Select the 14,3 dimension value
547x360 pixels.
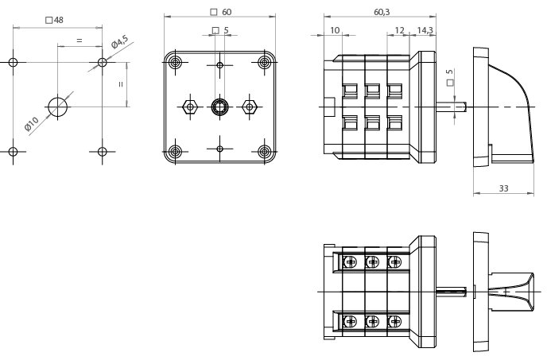pyautogui.click(x=425, y=30)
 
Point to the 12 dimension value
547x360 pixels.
pyautogui.click(x=399, y=30)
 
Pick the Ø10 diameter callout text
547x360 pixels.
pyautogui.click(x=32, y=124)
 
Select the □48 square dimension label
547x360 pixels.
pyautogui.click(x=55, y=20)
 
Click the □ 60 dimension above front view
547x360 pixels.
pyautogui.click(x=220, y=12)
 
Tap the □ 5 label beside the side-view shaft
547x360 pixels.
pyautogui.click(x=451, y=76)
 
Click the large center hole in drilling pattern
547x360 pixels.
pyautogui.click(x=58, y=106)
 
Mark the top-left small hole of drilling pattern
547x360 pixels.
pyautogui.click(x=14, y=62)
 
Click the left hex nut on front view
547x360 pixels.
pyautogui.click(x=189, y=106)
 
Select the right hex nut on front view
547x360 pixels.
pyautogui.click(x=250, y=106)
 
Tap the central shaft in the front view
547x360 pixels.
pyautogui.click(x=219, y=106)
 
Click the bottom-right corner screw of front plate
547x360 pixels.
pyautogui.click(x=264, y=151)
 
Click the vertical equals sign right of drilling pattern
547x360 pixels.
pyautogui.click(x=121, y=84)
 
